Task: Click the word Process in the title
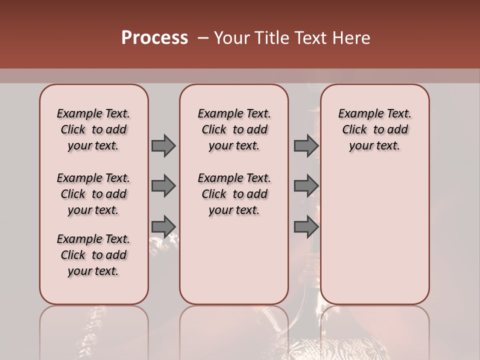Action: point(154,38)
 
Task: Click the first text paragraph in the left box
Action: point(93,129)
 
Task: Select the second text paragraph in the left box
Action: point(93,194)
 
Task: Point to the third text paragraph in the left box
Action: point(93,255)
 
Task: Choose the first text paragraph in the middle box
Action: point(234,129)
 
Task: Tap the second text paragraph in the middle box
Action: point(234,194)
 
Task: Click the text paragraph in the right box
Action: point(374,129)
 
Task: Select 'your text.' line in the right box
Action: point(374,145)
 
